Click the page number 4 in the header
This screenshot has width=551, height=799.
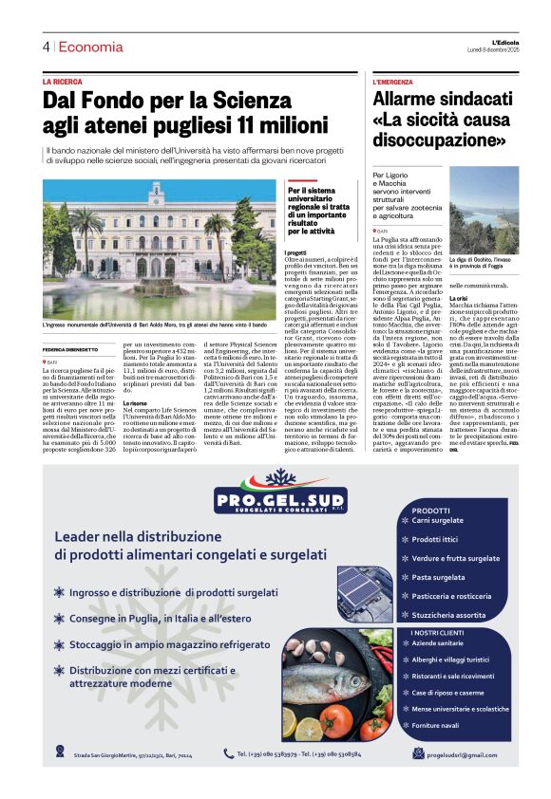46,46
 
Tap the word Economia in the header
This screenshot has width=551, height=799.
89,46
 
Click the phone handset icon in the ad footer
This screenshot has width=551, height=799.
229,753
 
